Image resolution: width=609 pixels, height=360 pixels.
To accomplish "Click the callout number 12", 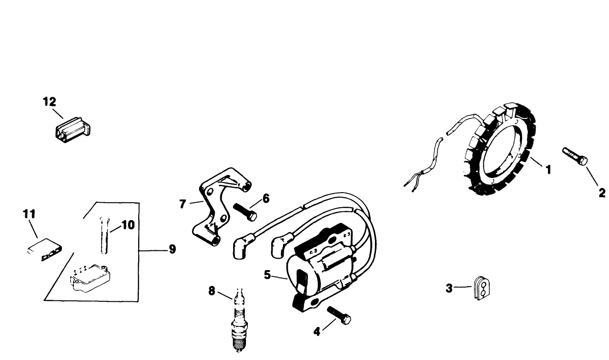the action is [x=49, y=102].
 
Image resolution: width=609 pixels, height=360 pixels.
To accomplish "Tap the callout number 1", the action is [x=548, y=169].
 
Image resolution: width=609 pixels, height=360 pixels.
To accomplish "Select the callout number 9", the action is [x=172, y=249].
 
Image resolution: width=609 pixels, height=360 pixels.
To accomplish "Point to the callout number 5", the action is [x=267, y=275].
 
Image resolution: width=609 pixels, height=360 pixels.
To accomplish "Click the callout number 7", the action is [x=183, y=204].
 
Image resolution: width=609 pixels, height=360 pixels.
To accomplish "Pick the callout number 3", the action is [x=449, y=288].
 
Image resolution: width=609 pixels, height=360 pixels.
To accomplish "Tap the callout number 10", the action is [x=128, y=225].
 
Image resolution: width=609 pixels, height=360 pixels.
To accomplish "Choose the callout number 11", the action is [x=29, y=214].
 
